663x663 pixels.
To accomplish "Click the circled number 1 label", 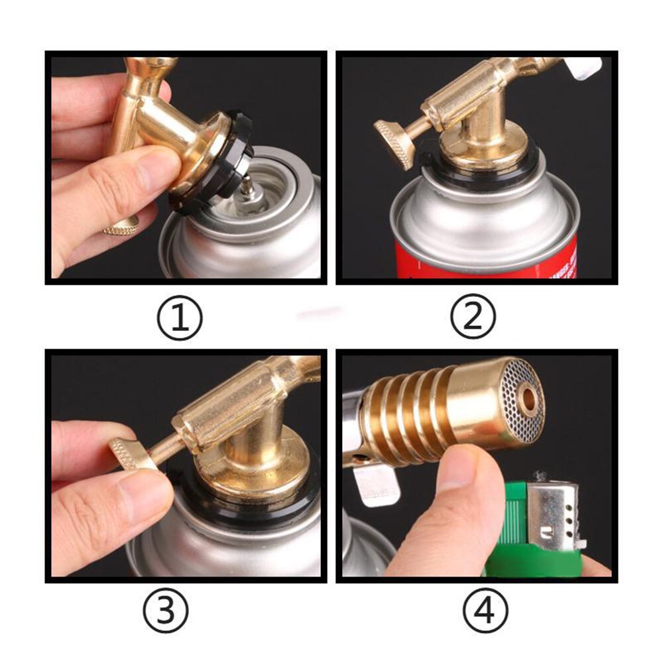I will [179, 318].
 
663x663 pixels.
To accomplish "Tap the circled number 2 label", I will [473, 318].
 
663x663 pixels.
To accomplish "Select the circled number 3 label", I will [166, 609].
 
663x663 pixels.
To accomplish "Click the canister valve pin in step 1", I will [246, 188].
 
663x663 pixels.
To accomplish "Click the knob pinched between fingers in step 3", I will [133, 453].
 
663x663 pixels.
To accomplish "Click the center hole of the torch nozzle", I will [528, 398].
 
